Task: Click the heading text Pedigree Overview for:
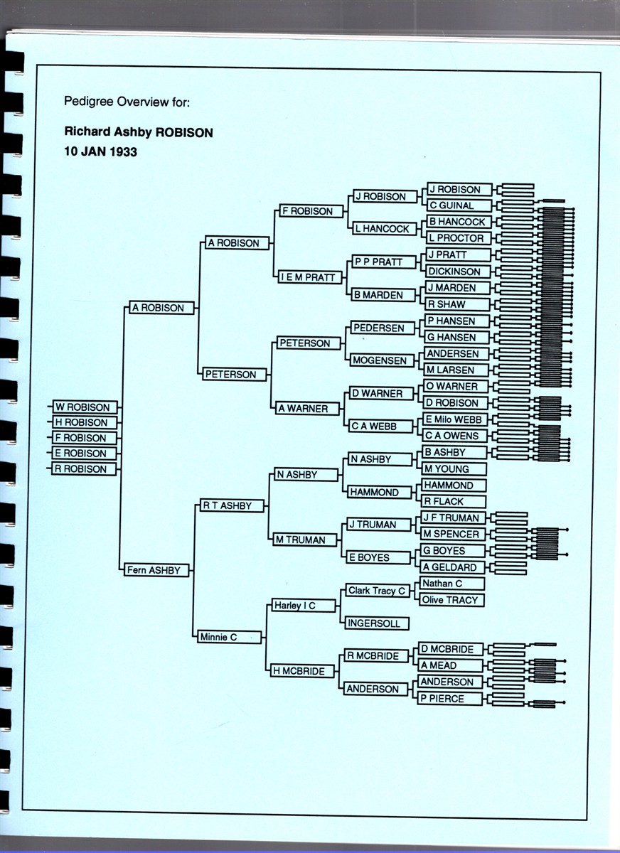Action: (127, 102)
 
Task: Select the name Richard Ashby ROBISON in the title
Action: (139, 132)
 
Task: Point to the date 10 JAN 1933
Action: (100, 151)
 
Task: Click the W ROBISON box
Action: (85, 407)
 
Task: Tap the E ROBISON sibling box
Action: (85, 454)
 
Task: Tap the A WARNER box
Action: (307, 409)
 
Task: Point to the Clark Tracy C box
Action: (378, 591)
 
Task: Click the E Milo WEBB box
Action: (457, 419)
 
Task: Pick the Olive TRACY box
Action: (452, 600)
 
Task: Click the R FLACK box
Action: (452, 501)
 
